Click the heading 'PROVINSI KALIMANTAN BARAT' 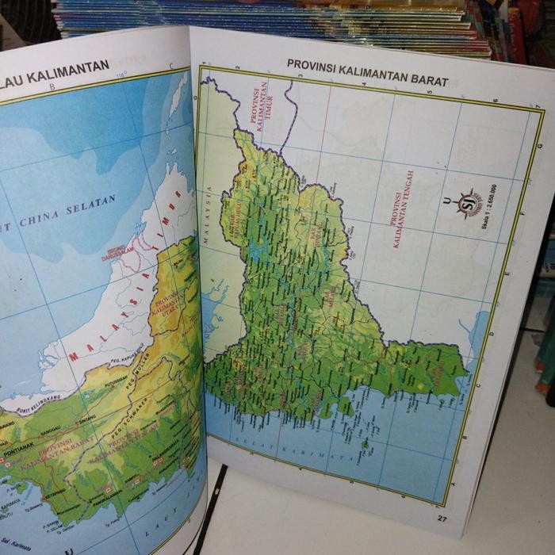point(368,72)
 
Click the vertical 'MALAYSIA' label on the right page point(211,213)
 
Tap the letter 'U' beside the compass point(446,201)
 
